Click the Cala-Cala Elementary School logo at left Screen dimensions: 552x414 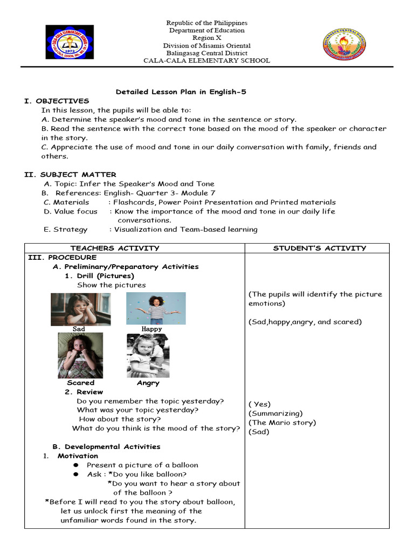tap(69, 43)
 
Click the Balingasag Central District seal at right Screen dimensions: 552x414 tap(343, 44)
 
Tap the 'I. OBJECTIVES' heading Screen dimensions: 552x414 tap(57, 101)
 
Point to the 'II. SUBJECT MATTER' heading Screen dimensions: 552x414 tap(70, 174)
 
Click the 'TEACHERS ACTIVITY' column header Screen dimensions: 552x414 tap(115, 248)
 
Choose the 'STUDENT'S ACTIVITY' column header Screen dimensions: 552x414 tap(320, 248)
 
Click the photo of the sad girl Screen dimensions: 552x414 tap(80, 308)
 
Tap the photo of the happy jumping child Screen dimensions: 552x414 tap(156, 308)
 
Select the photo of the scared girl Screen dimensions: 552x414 tap(80, 355)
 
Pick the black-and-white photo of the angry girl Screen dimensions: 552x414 tap(148, 355)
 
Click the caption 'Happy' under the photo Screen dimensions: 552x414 tap(151, 329)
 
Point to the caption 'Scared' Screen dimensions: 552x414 tap(81, 383)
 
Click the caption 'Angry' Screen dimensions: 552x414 tap(148, 383)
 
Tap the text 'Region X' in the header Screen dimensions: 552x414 tap(207, 38)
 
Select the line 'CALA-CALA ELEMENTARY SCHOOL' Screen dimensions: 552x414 tap(206, 61)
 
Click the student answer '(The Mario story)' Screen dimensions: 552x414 tap(282, 423)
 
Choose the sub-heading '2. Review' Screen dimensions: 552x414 tap(84, 392)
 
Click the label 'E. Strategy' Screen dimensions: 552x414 tap(66, 229)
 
